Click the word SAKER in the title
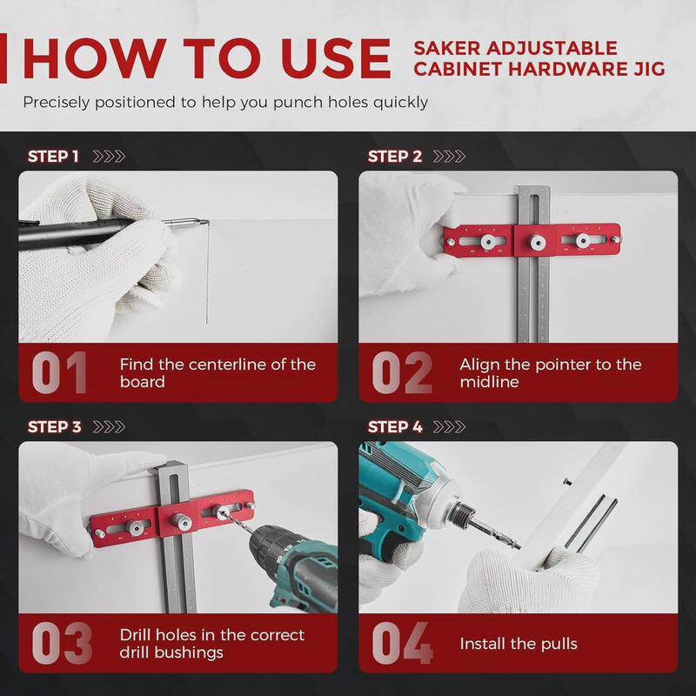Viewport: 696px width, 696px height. point(447,48)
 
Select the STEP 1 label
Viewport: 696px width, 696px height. point(53,157)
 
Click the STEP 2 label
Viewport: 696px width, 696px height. point(395,157)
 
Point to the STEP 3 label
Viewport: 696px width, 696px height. point(54,426)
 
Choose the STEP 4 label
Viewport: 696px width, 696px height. point(395,426)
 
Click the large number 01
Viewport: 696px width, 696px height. point(59,372)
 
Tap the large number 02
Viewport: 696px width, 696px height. point(402,372)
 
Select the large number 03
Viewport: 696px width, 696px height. point(62,643)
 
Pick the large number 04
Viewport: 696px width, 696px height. point(403,643)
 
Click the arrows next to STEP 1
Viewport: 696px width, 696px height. point(109,157)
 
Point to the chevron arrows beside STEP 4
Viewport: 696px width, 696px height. point(449,426)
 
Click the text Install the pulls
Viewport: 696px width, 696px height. point(519,644)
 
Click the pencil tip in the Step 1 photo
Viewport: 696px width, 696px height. point(206,221)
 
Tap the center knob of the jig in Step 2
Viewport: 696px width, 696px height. point(537,243)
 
